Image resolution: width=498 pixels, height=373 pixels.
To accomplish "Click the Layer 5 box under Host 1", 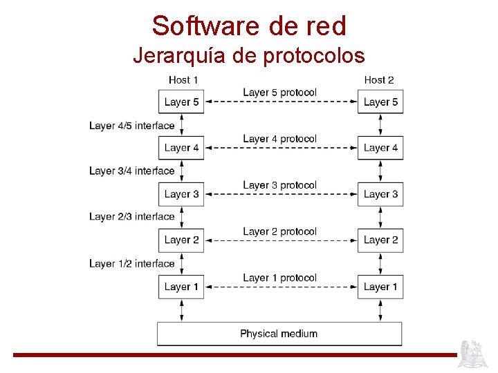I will (x=182, y=102).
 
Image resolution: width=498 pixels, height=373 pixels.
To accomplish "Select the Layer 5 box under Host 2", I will (x=380, y=102).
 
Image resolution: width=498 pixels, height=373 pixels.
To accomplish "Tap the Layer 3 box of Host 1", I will (x=182, y=194).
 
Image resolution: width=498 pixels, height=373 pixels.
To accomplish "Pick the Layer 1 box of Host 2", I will (x=380, y=287).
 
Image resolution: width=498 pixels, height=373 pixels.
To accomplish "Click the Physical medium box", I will (x=279, y=334).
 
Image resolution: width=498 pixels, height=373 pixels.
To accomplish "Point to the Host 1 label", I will (x=183, y=80).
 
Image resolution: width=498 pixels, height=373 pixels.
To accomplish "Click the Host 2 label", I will (x=379, y=80).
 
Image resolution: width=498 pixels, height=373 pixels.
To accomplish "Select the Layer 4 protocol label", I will (x=279, y=139).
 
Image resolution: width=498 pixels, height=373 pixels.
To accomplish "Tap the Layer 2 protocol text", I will (x=279, y=231).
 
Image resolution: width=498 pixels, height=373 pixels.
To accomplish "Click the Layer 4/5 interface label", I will (x=131, y=126).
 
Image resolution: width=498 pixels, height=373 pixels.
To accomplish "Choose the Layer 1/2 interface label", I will (x=131, y=263).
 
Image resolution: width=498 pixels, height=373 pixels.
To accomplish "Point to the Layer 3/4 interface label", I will (x=131, y=171).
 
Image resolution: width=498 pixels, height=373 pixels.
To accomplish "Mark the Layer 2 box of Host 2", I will (x=380, y=240).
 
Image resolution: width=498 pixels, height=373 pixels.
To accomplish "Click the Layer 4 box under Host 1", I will (x=182, y=148).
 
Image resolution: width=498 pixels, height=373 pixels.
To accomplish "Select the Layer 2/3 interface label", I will (x=131, y=217).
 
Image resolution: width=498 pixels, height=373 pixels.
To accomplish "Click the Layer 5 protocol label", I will (x=279, y=93).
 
